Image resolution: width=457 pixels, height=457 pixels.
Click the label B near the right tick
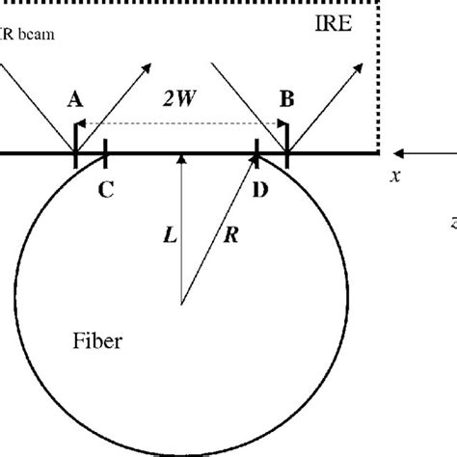point(286,98)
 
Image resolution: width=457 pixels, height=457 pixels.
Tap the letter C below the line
point(106,190)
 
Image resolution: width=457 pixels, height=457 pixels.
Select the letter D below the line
point(259,190)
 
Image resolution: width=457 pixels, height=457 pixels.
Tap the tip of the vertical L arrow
point(179,157)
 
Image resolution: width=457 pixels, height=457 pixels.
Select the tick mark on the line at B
point(287,151)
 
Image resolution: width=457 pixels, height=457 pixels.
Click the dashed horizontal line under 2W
point(180,124)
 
